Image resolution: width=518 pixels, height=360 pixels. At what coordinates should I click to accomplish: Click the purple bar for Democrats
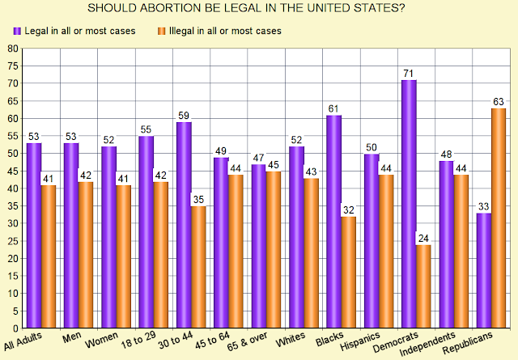(409, 204)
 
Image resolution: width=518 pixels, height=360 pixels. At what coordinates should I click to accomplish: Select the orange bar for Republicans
(499, 218)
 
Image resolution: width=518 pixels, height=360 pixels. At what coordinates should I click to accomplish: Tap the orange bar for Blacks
(349, 272)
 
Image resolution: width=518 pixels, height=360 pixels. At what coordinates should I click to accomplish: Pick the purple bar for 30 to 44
(184, 225)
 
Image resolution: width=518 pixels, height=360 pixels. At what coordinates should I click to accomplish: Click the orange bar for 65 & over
(274, 249)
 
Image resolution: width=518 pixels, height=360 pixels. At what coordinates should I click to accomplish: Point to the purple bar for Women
(108, 237)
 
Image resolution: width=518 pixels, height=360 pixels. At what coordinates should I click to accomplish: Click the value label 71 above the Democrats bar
(409, 74)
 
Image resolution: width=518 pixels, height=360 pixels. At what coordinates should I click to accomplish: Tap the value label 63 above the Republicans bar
(499, 102)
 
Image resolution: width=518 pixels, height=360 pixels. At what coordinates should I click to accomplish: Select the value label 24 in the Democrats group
(423, 239)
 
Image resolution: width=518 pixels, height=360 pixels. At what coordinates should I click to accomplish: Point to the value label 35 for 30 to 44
(198, 200)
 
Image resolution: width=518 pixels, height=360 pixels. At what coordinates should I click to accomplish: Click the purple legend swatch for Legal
(17, 31)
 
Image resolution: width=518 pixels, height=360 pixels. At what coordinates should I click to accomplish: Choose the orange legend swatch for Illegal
(162, 31)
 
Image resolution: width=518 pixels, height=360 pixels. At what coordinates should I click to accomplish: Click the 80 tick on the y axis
(13, 49)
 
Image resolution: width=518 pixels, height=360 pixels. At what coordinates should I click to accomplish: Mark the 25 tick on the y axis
(13, 241)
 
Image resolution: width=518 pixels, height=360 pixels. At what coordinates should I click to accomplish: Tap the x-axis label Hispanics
(359, 341)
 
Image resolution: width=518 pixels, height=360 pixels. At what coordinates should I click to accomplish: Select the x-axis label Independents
(427, 344)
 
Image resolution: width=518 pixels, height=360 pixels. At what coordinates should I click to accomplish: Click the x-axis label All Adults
(23, 341)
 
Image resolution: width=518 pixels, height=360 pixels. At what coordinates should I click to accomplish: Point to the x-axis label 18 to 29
(138, 340)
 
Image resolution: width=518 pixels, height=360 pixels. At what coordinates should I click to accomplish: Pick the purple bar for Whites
(296, 237)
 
